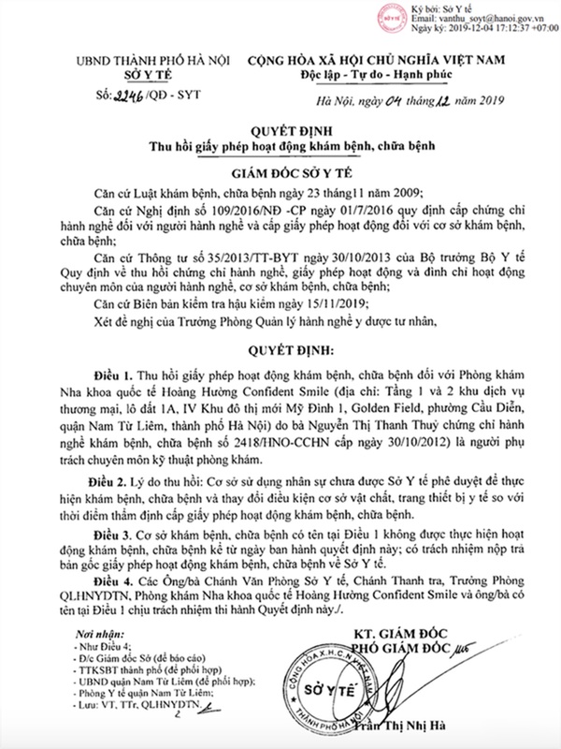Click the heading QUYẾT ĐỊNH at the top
pos(280,132)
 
